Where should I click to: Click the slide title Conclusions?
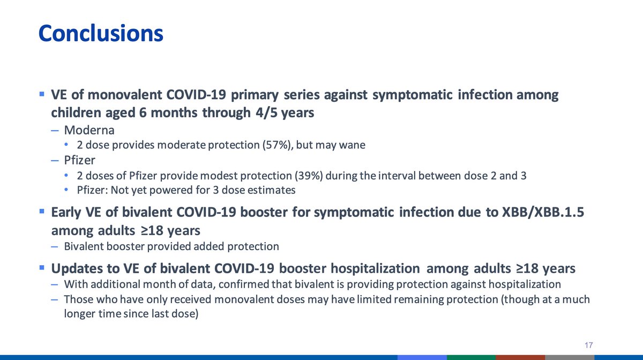tap(101, 33)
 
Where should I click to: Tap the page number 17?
tap(589, 345)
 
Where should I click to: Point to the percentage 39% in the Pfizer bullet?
tap(309, 176)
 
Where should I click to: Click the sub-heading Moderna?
tap(89, 130)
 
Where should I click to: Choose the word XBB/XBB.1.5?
tap(543, 213)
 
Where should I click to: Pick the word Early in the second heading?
tap(66, 213)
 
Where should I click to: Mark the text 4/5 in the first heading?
tap(266, 112)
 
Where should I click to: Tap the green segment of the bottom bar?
tap(471, 357)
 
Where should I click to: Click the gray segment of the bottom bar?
tap(570, 357)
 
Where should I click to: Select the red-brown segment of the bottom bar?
tap(520, 357)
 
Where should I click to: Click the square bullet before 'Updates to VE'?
tap(42, 267)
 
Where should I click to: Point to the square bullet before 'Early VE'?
tap(42, 212)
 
